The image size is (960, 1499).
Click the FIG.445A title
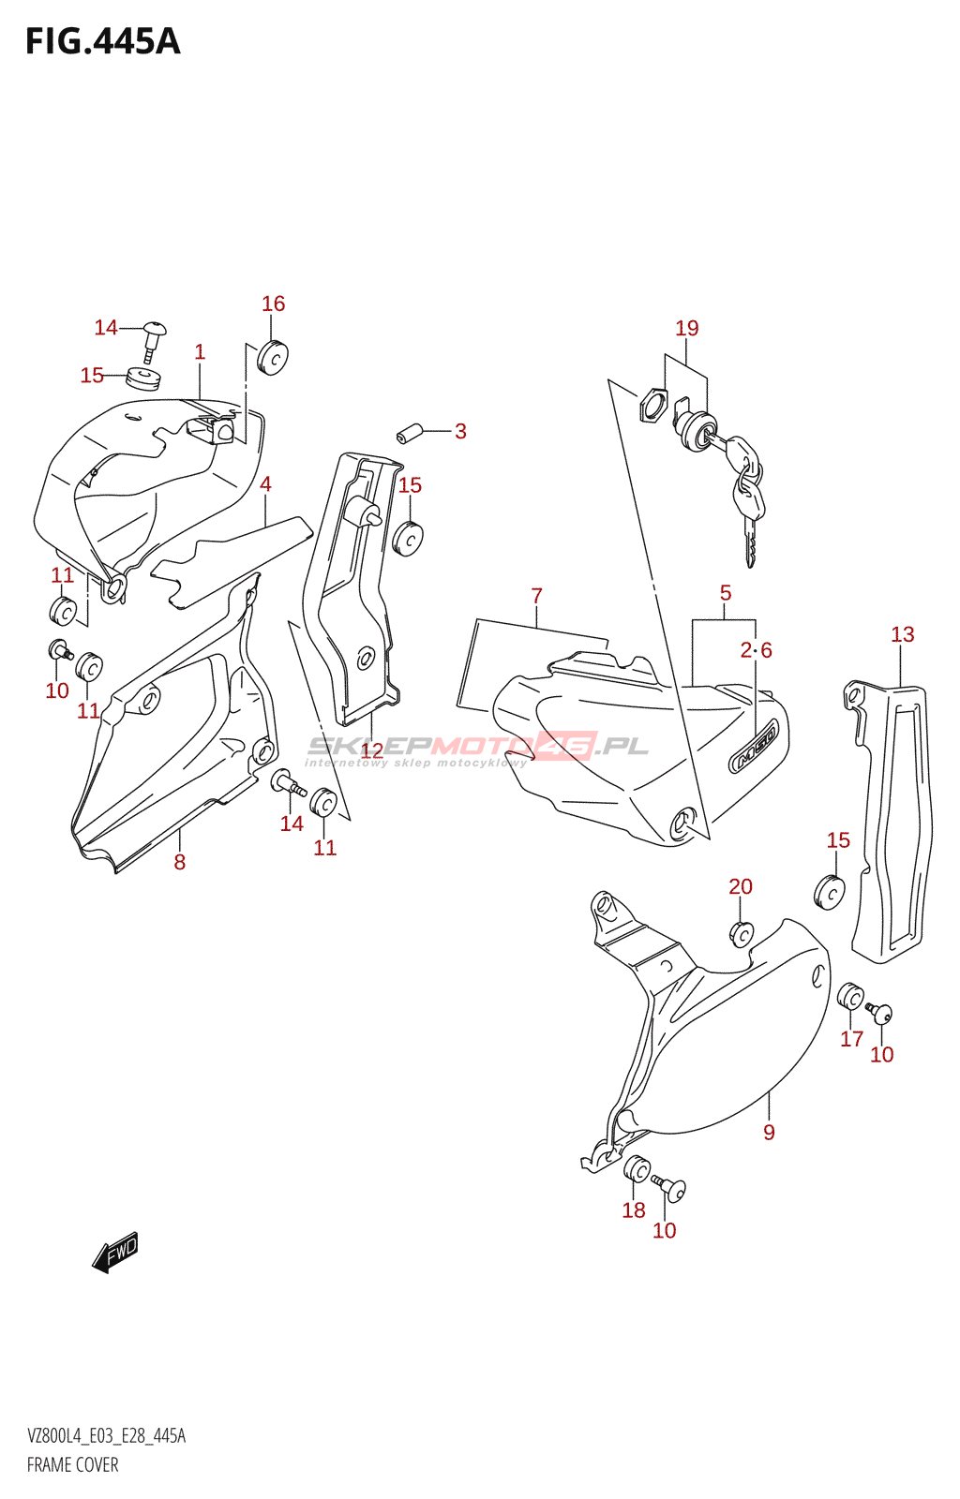[102, 42]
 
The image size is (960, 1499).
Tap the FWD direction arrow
[115, 1252]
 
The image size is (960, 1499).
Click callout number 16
[273, 304]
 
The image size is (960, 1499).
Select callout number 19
[687, 328]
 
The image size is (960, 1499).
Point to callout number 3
[460, 431]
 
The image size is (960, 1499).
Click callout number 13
[902, 634]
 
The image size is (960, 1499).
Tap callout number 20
[741, 886]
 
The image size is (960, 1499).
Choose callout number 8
[180, 862]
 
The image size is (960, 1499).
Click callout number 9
[769, 1132]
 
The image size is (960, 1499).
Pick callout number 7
[536, 596]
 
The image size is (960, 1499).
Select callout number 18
[634, 1210]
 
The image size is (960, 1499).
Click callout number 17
[851, 1039]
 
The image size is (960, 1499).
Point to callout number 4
[265, 484]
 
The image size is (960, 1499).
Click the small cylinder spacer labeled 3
[406, 435]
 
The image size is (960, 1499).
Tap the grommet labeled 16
[272, 356]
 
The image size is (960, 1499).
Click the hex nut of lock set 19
[653, 407]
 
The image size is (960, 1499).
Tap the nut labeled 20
[741, 935]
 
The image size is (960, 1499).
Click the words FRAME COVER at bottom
[73, 1465]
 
